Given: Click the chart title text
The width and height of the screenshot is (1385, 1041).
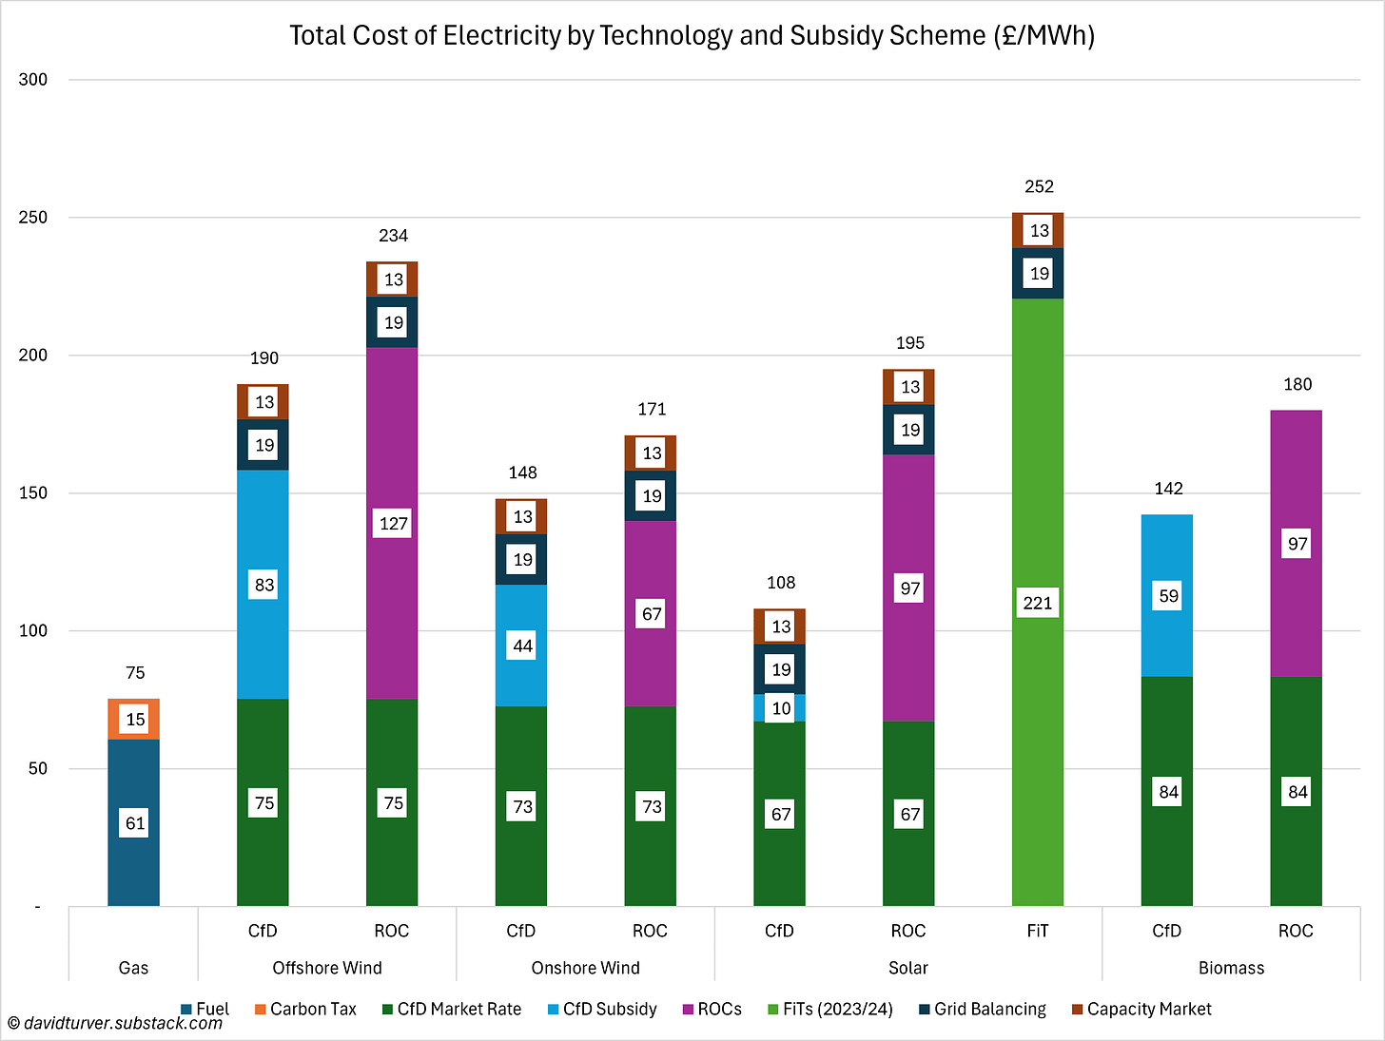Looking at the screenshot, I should coord(692,36).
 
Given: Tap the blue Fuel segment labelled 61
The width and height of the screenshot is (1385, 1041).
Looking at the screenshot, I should coord(134,822).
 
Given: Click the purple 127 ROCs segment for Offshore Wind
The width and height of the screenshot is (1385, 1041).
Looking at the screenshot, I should coord(392,523).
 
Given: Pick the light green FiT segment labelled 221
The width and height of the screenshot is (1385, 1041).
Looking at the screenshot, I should coord(1038,603).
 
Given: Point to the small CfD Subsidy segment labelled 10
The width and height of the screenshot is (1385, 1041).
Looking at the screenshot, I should coord(780,708).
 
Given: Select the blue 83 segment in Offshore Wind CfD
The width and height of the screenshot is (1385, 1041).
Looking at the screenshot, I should coord(263,585).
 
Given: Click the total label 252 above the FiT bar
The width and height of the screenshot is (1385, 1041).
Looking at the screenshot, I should coord(1039,186).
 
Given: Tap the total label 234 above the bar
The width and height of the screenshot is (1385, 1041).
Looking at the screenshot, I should coord(393,236).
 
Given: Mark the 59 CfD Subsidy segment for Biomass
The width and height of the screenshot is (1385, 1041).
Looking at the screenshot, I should coord(1167,596).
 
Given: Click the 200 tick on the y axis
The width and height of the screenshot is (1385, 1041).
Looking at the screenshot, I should coord(33,356).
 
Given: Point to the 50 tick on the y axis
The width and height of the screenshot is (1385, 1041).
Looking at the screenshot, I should coord(37,768).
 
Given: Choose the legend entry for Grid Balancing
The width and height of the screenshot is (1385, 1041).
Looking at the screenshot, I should coord(982,1009).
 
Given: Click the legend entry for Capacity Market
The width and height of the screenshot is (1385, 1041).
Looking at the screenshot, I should coord(1141,1009).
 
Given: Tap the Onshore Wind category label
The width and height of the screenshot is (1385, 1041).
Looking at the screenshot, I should coord(585,968).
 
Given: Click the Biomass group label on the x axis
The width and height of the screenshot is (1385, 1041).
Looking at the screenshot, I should coord(1231,968).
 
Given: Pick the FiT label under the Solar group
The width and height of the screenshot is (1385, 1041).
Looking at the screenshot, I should coord(1037,931).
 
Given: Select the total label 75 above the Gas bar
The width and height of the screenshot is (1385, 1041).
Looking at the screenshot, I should coord(135,673).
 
